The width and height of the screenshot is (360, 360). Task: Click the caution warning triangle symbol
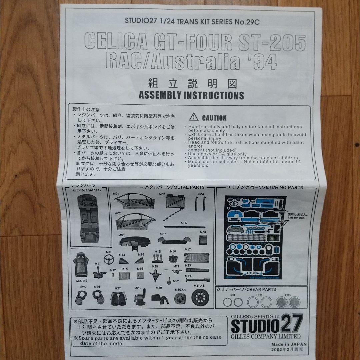[194, 117]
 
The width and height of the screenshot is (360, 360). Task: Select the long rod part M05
[184, 227]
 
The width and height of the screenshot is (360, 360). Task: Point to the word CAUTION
[214, 118]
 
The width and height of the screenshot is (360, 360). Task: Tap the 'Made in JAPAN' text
[289, 344]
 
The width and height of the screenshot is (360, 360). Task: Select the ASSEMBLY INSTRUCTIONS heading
[191, 95]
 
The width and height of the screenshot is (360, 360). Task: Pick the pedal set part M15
[157, 258]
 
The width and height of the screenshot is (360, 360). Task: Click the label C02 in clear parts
[259, 295]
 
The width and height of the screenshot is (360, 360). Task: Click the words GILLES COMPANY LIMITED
[266, 336]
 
